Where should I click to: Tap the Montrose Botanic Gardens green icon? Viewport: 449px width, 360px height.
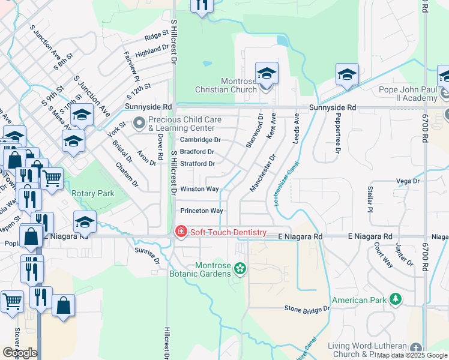[240, 268]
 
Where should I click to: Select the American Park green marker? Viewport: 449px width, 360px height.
[395, 298]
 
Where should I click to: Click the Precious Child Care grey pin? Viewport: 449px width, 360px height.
[139, 124]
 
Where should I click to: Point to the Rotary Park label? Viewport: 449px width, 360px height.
[93, 193]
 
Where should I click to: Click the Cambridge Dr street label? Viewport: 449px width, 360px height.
[200, 140]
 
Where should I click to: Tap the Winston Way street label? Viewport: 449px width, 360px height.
[199, 189]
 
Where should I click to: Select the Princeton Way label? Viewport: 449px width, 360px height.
[202, 211]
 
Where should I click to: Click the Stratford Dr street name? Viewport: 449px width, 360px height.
[197, 163]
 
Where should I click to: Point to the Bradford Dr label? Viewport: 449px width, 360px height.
[197, 152]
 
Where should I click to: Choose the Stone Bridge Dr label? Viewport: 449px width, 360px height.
[307, 308]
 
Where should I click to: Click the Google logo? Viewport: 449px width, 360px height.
[20, 353]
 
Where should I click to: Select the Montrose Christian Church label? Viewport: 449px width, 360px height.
[221, 85]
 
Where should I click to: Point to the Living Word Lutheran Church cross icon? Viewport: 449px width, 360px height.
[416, 348]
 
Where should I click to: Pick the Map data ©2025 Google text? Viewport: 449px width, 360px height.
[411, 355]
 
